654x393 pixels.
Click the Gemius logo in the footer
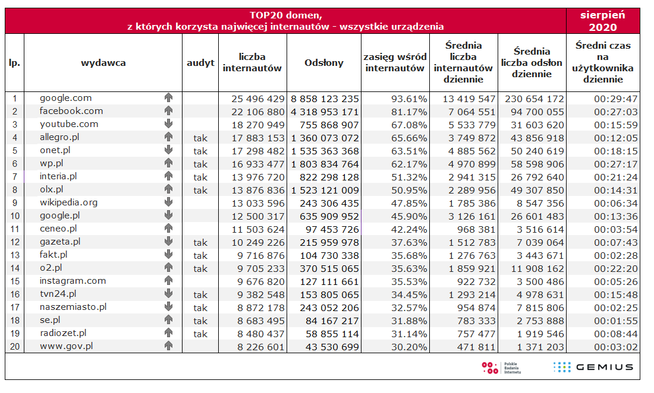(x=593, y=367)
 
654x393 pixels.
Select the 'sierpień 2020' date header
(x=603, y=21)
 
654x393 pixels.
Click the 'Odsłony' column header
(x=324, y=63)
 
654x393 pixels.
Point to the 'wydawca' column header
(x=103, y=63)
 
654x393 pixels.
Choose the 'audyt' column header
(x=200, y=63)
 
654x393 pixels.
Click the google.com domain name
(x=66, y=98)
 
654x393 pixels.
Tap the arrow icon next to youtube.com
(x=168, y=124)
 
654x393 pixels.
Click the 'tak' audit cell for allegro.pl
(x=200, y=138)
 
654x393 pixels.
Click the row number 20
(x=15, y=347)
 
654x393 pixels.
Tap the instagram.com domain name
(x=73, y=281)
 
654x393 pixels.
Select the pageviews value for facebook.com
(x=325, y=112)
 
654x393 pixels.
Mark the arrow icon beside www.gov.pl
(x=168, y=346)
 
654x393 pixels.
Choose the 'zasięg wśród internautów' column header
(x=395, y=63)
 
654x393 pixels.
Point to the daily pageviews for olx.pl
(x=532, y=190)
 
